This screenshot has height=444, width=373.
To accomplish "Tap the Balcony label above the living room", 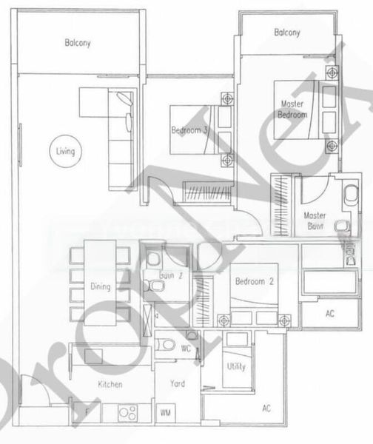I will pos(78,43).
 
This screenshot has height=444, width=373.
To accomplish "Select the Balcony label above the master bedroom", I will pos(286,33).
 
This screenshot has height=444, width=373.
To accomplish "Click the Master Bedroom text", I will pos(292,110).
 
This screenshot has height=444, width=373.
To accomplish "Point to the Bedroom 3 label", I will pos(190,129).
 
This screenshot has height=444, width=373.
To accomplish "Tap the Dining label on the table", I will pos(101,286).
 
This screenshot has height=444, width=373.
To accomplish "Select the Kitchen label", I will pos(110,385).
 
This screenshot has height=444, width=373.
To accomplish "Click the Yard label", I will pos(178,385).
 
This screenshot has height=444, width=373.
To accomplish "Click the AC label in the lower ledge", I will pos(266,408).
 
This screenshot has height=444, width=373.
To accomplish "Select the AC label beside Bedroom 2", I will pos(329,314).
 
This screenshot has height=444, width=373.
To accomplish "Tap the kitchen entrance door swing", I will pos(33,392).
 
